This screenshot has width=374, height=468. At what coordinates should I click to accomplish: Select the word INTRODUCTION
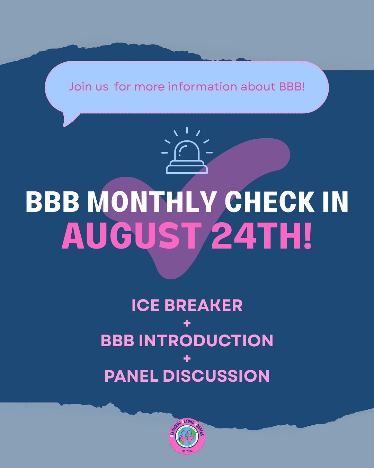[206, 340]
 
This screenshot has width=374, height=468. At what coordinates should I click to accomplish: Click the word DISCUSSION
[216, 376]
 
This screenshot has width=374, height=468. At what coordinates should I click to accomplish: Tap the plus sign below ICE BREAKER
[187, 323]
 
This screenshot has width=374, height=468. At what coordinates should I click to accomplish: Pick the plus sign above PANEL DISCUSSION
[187, 358]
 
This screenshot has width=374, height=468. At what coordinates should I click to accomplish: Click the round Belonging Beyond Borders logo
[187, 437]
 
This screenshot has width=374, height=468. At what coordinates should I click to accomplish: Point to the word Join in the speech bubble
[79, 86]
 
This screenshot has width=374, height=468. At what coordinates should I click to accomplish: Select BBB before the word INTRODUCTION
[117, 340]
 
